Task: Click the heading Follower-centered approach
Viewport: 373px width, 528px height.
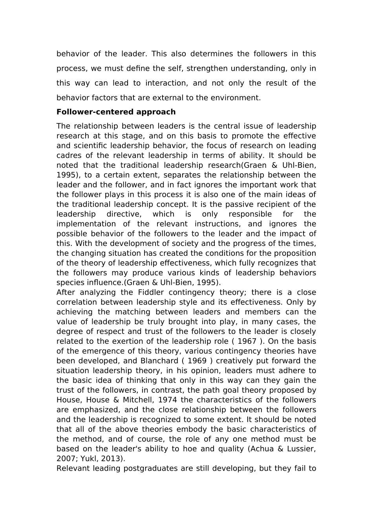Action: pyautogui.click(x=116, y=112)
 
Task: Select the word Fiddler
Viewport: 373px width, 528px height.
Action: pyautogui.click(x=151, y=292)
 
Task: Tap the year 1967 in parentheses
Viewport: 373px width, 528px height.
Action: pyautogui.click(x=247, y=341)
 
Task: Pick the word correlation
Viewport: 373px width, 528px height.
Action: pyautogui.click(x=77, y=302)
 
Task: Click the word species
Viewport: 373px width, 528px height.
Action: pyautogui.click(x=68, y=282)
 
